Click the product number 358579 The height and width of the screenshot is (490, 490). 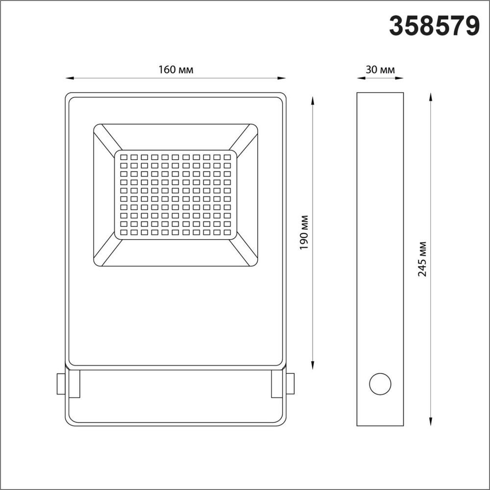coord(434,25)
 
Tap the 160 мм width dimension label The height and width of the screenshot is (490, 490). coord(175,70)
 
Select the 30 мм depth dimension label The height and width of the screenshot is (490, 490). coord(380,70)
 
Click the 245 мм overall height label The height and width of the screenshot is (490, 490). coord(422,259)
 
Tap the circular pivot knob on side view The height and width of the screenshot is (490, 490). coord(380,384)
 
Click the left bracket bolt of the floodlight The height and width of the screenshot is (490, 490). coord(60,384)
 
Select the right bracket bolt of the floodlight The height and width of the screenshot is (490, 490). coord(291,384)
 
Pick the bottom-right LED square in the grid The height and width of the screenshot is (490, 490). coord(227,232)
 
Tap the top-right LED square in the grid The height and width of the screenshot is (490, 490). coord(227,157)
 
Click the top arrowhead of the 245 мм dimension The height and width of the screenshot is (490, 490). coord(430,97)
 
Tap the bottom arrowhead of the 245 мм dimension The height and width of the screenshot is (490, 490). coord(430,422)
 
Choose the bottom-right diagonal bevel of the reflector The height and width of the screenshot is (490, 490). coord(243,251)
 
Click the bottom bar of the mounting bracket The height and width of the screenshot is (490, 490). coord(175,422)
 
